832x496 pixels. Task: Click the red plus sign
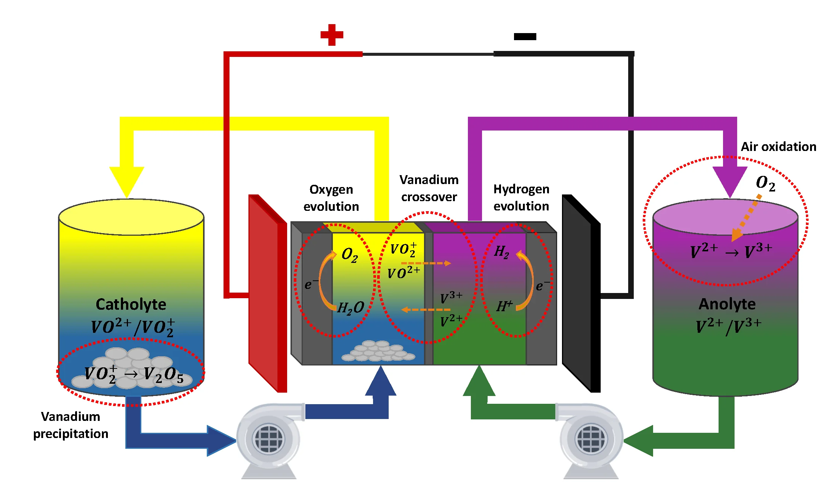pyautogui.click(x=332, y=35)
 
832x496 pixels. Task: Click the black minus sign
pyautogui.click(x=525, y=36)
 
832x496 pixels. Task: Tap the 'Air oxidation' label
pyautogui.click(x=778, y=147)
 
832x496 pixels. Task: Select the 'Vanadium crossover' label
pyautogui.click(x=429, y=189)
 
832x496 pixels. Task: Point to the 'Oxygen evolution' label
pyautogui.click(x=331, y=198)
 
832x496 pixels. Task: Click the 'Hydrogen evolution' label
pyautogui.click(x=521, y=197)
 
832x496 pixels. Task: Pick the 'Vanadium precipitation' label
pyautogui.click(x=71, y=425)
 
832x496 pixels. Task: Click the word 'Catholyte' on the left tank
pyautogui.click(x=131, y=305)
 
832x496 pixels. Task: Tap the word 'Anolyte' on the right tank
pyautogui.click(x=727, y=304)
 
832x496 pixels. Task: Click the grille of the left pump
pyautogui.click(x=268, y=439)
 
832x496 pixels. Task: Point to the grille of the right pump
pyautogui.click(x=591, y=439)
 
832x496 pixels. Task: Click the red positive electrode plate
pyautogui.click(x=267, y=294)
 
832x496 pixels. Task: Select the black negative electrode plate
pyautogui.click(x=580, y=294)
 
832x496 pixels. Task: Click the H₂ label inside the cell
pyautogui.click(x=501, y=252)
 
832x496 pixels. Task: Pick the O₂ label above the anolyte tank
pyautogui.click(x=765, y=183)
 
